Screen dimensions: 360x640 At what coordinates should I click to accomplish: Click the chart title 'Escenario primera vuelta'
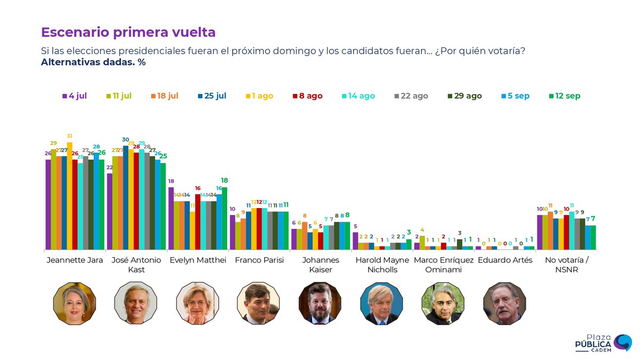[128, 32]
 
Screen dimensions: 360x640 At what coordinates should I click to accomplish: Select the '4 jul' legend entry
[74, 96]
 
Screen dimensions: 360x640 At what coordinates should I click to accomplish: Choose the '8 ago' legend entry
[307, 96]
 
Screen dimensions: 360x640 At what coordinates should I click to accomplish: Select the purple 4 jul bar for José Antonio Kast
[109, 211]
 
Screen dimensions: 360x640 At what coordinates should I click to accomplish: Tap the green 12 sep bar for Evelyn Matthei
[225, 218]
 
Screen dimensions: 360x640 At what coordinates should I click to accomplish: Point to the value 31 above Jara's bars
[69, 136]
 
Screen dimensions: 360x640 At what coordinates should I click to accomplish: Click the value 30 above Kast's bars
[125, 140]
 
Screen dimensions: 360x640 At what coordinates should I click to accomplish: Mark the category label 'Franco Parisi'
[259, 260]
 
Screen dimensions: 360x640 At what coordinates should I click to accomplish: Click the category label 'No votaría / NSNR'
[566, 265]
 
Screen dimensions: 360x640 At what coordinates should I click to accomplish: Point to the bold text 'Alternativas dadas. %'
[93, 62]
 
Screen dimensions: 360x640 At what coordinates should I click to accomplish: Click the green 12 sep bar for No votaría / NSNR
[593, 237]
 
